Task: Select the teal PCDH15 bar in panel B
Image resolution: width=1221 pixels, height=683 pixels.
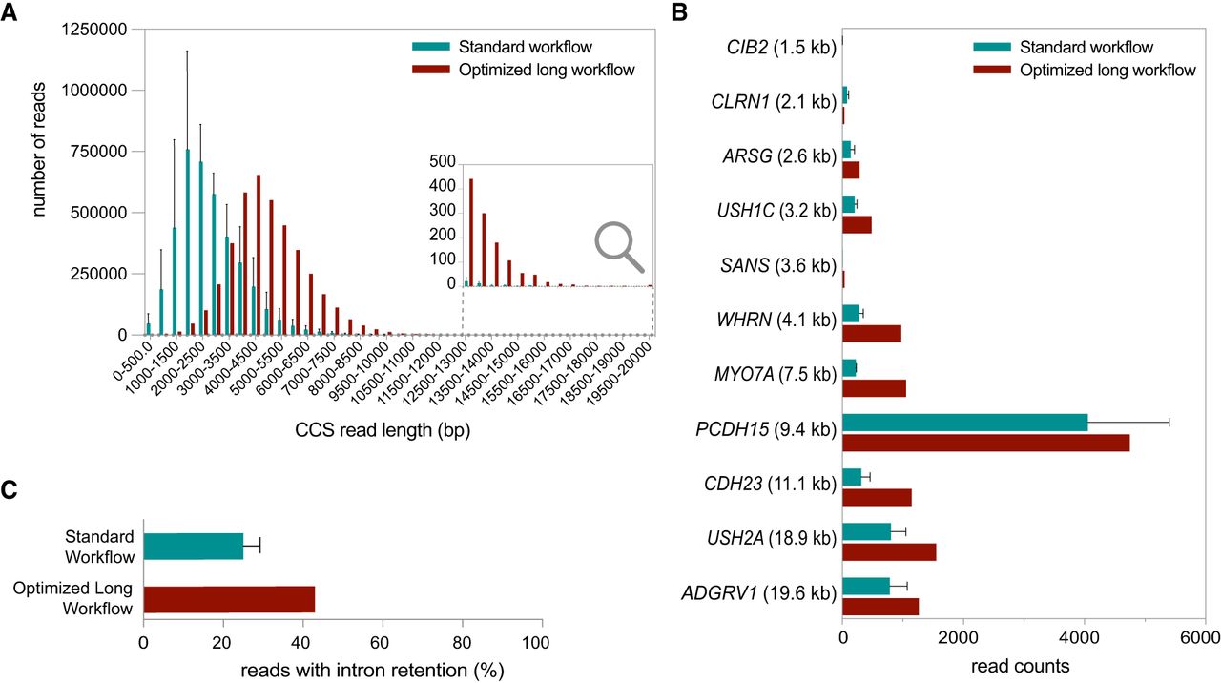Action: point(964,422)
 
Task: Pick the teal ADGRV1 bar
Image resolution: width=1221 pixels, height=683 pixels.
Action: point(866,585)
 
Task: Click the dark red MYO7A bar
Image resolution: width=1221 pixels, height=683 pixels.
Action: point(874,387)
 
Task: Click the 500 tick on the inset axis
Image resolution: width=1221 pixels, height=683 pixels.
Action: point(443,162)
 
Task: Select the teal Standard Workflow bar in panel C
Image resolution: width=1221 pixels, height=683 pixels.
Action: point(193,546)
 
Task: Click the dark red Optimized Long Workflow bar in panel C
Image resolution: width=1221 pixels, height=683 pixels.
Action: point(229,598)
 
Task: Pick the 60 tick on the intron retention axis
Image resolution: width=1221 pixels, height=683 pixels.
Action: point(383,644)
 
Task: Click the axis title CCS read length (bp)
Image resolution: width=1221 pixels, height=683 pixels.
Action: point(381,430)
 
